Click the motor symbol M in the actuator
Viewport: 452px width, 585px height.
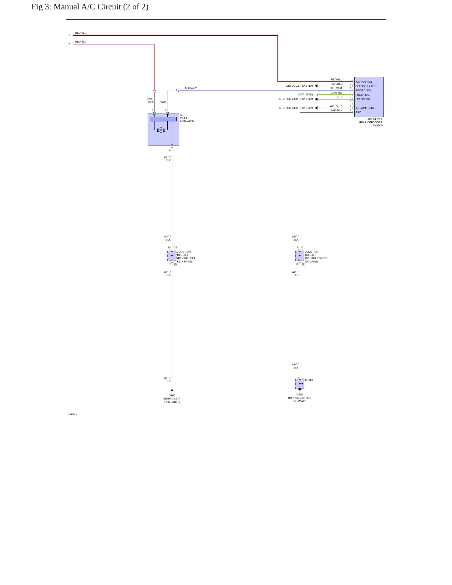161,130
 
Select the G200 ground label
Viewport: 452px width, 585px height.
172,395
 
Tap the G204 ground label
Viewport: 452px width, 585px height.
300,394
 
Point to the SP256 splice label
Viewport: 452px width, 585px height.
309,380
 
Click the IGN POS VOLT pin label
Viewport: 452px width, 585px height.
364,82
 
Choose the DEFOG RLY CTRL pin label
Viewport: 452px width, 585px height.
367,86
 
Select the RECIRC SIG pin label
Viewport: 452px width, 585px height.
363,90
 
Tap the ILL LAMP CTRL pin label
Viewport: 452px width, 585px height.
365,108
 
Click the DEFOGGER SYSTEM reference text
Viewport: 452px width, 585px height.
299,86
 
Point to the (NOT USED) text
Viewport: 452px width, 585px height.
305,94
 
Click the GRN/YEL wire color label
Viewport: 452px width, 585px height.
337,93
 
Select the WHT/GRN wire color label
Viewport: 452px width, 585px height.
336,106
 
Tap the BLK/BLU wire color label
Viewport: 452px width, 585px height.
337,84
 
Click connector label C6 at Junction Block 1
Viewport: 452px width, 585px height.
175,247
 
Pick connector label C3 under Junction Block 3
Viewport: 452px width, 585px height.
303,264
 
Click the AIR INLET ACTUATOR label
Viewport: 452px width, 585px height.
187,118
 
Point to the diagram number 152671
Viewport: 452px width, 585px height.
73,414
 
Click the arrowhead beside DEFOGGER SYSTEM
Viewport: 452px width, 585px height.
316,86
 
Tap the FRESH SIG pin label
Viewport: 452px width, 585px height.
362,95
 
